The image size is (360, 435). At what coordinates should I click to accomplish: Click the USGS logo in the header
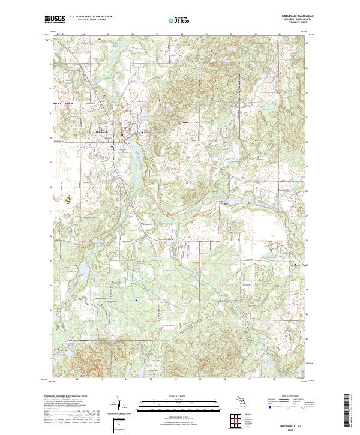click(55, 19)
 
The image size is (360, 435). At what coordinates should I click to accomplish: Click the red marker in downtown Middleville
click(122, 135)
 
